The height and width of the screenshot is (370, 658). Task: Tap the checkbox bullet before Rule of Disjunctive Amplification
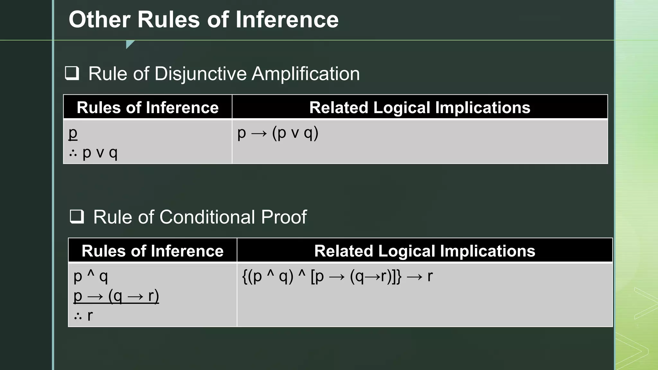[72, 73]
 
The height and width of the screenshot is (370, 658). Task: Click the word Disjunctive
[200, 74]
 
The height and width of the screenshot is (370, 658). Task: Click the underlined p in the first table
[73, 133]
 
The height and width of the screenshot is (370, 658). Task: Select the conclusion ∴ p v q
[93, 153]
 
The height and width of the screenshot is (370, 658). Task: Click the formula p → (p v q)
[278, 133]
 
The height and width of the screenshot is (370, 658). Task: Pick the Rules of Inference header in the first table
[147, 107]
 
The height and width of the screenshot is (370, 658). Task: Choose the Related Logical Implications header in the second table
[424, 251]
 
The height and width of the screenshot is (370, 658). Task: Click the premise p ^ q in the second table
[91, 276]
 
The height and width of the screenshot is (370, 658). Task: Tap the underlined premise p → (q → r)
[116, 296]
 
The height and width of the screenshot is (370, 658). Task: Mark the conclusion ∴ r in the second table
[84, 316]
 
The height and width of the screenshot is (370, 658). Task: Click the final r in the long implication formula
[430, 276]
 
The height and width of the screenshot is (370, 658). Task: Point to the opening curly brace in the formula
[245, 277]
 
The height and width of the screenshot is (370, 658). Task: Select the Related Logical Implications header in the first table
[420, 107]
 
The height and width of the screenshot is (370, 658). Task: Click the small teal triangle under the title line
[129, 44]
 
